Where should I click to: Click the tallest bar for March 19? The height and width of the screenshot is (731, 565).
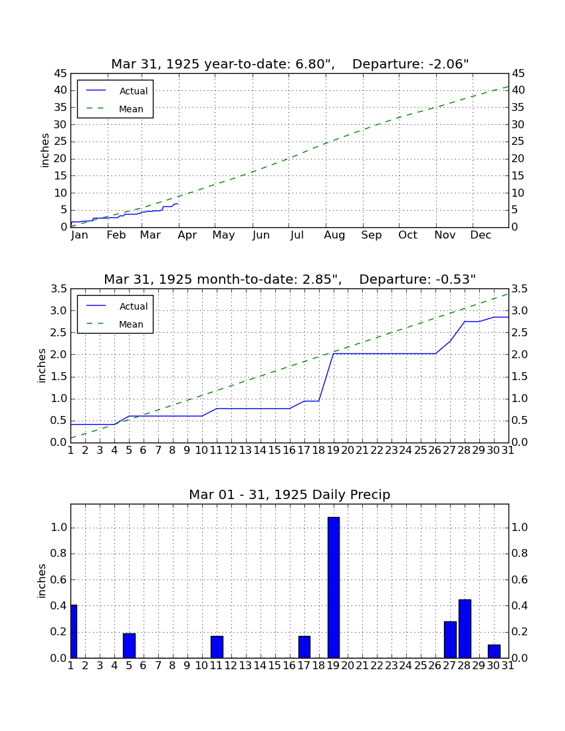click(333, 587)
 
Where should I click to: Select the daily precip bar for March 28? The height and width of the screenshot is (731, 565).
click(465, 629)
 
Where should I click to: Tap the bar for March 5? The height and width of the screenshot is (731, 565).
click(129, 646)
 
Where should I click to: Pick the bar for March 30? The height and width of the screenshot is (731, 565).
click(494, 651)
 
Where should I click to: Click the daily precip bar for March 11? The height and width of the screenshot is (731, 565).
click(217, 647)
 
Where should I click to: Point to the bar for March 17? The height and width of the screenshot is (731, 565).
click(304, 647)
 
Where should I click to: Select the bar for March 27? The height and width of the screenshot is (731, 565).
click(450, 639)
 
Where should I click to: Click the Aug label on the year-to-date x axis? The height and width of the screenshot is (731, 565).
click(334, 235)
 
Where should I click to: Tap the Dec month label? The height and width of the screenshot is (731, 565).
click(481, 235)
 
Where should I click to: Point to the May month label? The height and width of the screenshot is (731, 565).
click(224, 235)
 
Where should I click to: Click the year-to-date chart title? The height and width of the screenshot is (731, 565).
click(290, 64)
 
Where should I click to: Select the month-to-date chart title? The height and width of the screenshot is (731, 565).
click(290, 279)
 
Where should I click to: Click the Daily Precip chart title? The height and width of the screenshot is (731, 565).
click(290, 494)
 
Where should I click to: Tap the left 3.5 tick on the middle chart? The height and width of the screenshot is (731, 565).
click(58, 289)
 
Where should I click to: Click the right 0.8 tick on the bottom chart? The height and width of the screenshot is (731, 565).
click(520, 554)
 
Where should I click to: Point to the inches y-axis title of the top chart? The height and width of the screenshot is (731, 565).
click(45, 150)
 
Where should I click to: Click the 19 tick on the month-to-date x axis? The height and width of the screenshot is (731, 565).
click(333, 451)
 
